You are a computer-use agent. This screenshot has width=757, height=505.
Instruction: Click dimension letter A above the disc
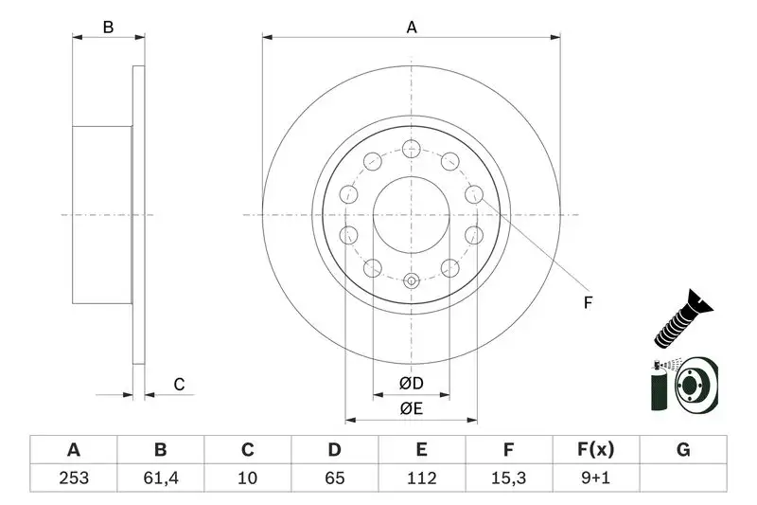click(412, 27)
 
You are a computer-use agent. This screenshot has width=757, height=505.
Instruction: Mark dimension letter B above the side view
click(109, 27)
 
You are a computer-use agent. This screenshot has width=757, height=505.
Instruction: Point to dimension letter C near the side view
click(177, 384)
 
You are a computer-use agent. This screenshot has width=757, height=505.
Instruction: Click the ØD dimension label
click(411, 384)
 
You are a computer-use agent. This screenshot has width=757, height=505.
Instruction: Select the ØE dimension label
click(411, 408)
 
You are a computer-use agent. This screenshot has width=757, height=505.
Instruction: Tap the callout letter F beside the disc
click(588, 303)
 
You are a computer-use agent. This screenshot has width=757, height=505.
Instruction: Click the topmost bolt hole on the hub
click(411, 148)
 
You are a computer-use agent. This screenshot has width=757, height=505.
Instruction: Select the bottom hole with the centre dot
click(411, 280)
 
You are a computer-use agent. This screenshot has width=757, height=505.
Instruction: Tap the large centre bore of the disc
click(411, 214)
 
